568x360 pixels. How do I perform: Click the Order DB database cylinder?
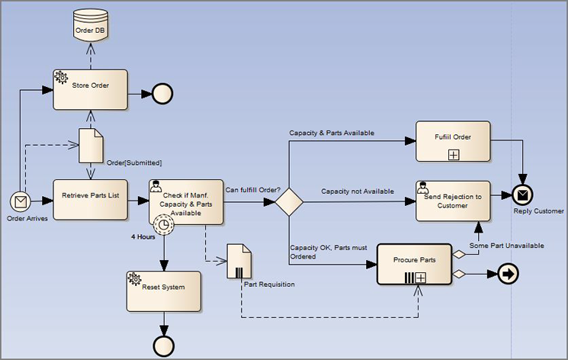pyautogui.click(x=90, y=27)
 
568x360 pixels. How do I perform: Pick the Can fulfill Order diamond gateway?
pyautogui.click(x=289, y=203)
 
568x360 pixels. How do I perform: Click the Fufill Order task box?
pyautogui.click(x=452, y=140)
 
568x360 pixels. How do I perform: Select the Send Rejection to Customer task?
pyautogui.click(x=452, y=201)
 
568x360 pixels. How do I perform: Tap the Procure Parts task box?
pyautogui.click(x=414, y=264)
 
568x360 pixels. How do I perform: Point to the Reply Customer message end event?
pyautogui.click(x=523, y=195)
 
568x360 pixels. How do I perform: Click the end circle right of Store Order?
pyautogui.click(x=162, y=93)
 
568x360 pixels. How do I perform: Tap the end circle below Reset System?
pyautogui.click(x=163, y=346)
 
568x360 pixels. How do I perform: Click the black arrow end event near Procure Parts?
pyautogui.click(x=508, y=275)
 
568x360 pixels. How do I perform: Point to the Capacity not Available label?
pyautogui.click(x=357, y=191)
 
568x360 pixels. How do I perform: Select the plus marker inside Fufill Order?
pyautogui.click(x=453, y=154)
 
